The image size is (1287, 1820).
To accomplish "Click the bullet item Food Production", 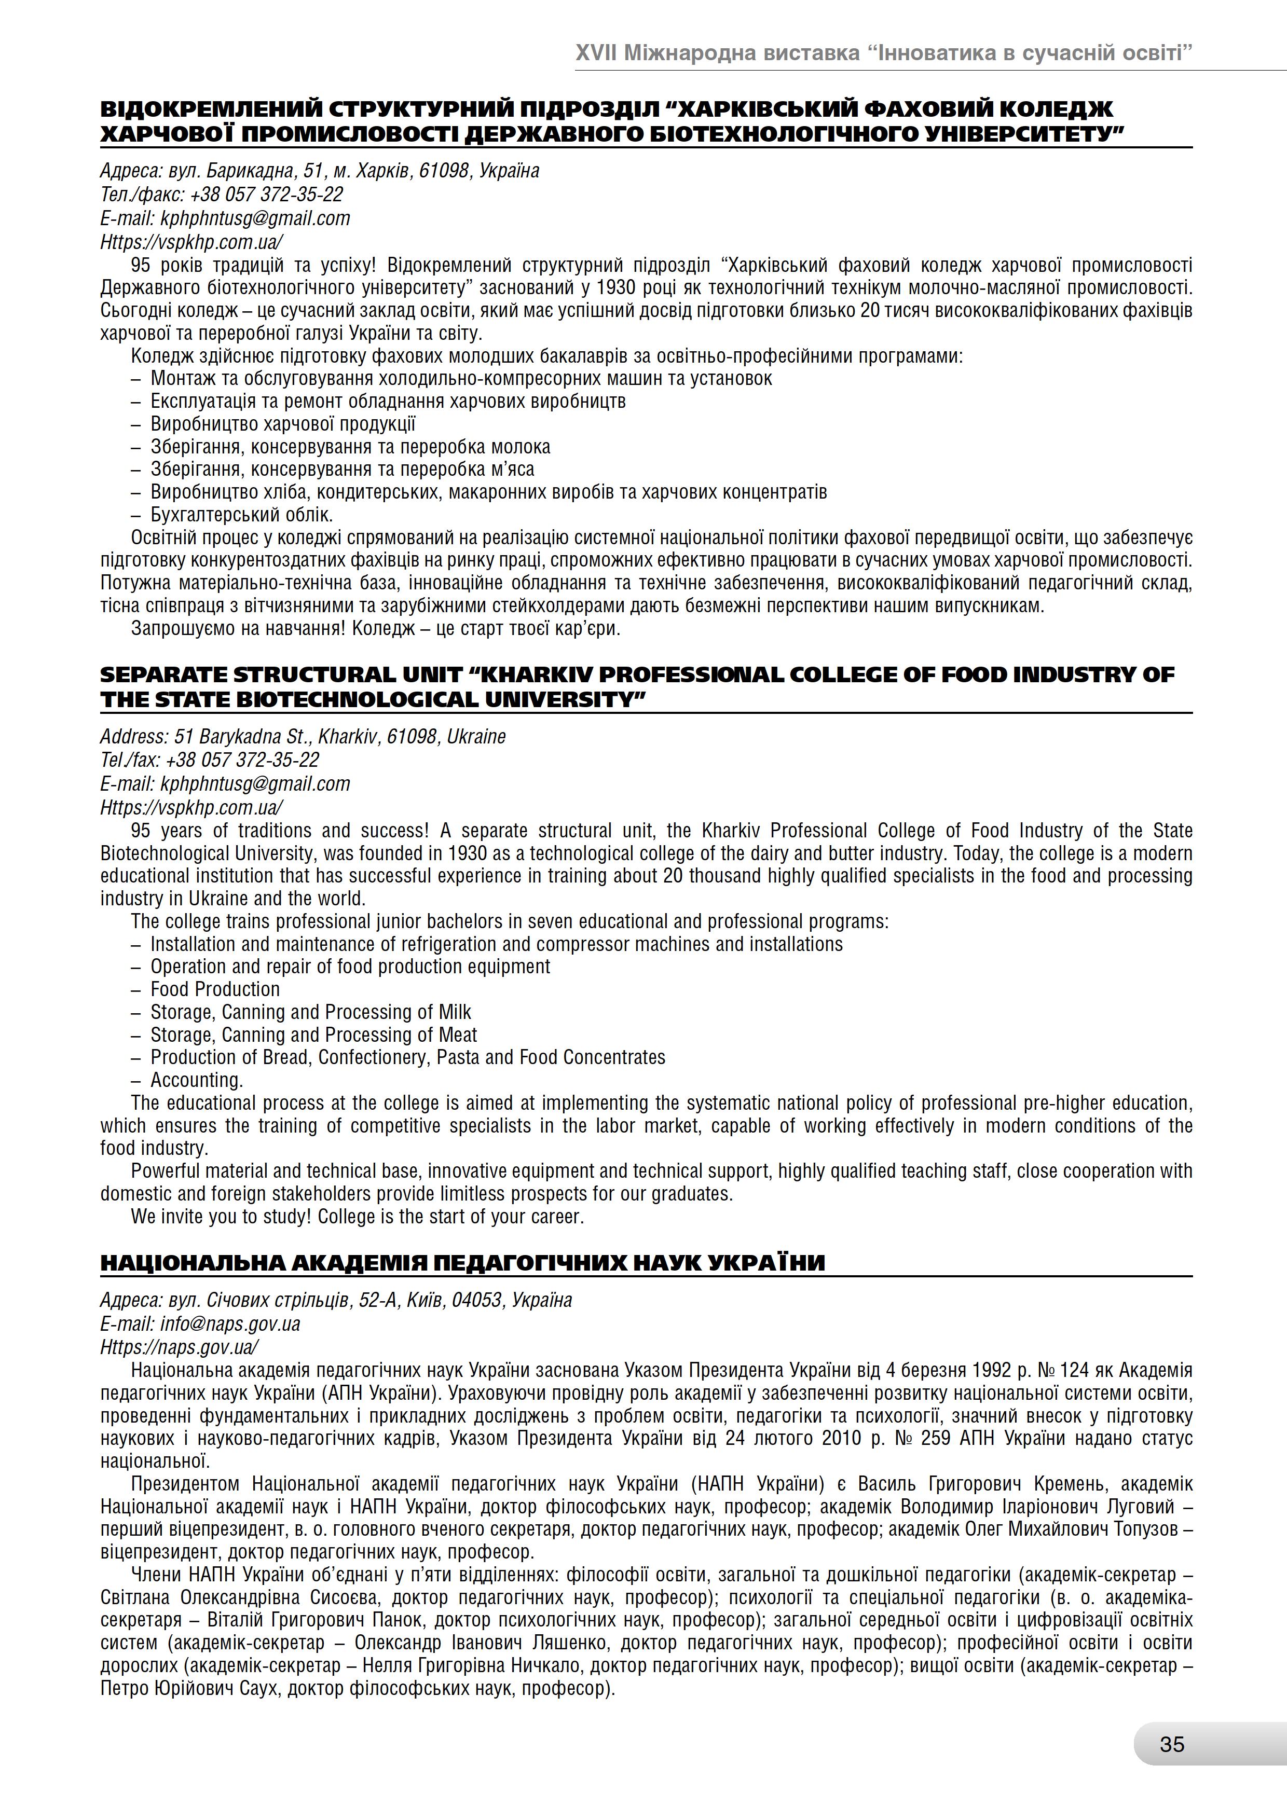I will tap(215, 989).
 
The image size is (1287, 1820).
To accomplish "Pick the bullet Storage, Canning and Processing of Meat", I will tap(313, 1035).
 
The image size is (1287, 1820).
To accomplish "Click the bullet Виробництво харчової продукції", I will tap(283, 423).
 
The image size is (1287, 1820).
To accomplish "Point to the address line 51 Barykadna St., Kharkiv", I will tap(303, 736).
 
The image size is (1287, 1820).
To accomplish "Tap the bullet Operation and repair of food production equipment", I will tap(350, 966).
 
